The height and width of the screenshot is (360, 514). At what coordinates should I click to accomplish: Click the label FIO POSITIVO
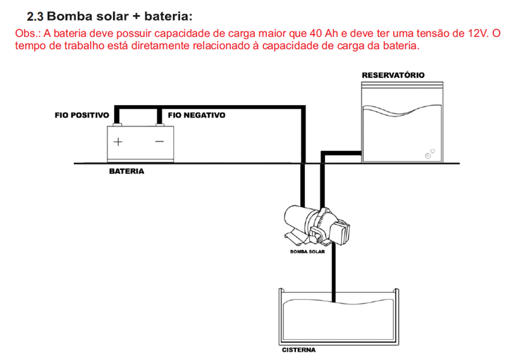coord(82,114)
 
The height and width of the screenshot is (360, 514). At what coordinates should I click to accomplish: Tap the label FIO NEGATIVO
coord(196,114)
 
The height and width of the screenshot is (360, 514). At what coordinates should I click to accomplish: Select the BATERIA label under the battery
coord(126,172)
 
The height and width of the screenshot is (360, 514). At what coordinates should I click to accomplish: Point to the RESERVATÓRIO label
coord(393,75)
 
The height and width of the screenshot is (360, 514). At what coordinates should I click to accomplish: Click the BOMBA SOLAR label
coord(307,252)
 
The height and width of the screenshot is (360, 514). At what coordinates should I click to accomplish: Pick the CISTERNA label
coord(299,350)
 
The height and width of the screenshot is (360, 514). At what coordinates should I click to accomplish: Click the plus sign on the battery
coord(118,143)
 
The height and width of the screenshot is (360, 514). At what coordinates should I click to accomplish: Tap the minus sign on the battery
coord(159,143)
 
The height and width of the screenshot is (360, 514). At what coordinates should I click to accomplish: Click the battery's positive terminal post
coord(118,124)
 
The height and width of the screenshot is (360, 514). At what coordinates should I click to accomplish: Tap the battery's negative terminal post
coord(159,124)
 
